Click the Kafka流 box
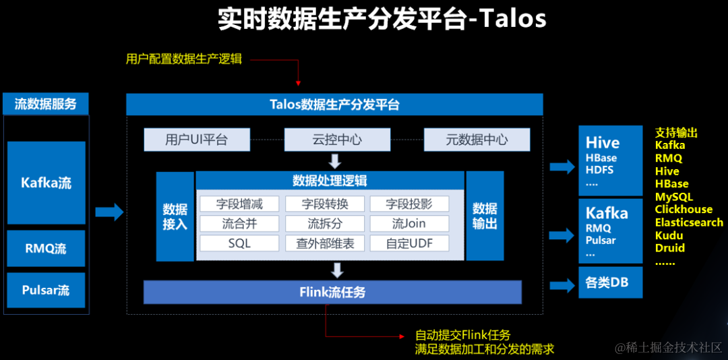46,183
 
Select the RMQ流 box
46,248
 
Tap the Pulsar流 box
46,290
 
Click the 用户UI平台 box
197,140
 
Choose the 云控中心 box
336,140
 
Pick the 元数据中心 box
477,140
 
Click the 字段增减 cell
239,204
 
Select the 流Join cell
408,223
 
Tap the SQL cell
239,243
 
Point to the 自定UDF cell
408,243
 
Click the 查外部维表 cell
325,243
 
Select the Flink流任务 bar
332,292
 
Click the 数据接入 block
175,216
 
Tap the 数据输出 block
485,216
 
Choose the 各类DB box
610,282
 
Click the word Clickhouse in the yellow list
684,210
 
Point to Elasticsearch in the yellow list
689,222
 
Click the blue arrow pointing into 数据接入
109,212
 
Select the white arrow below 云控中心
335,161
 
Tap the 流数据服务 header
46,104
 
